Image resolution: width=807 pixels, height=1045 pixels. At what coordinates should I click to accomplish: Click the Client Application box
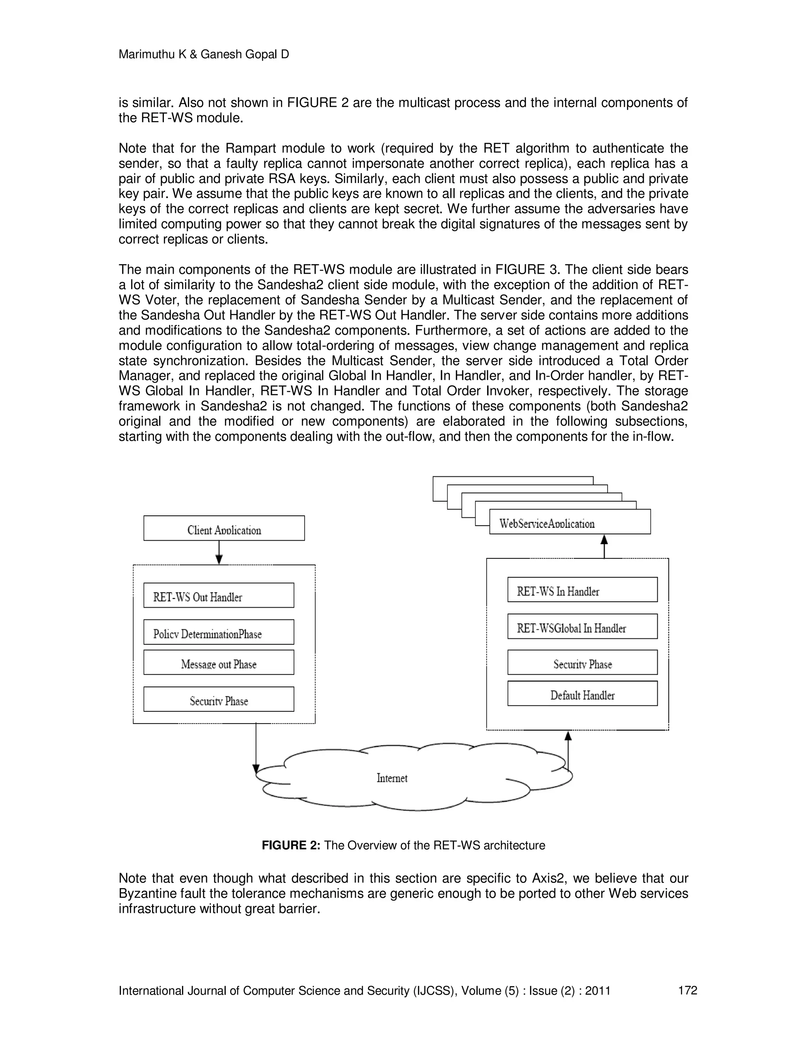tap(224, 528)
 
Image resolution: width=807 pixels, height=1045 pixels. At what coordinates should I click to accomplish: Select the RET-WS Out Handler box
tap(218, 595)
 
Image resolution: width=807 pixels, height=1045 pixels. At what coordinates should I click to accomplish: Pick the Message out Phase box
tap(218, 663)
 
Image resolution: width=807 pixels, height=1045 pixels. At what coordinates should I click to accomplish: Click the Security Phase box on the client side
tap(218, 700)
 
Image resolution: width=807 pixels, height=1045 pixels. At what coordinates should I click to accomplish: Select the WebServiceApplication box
tap(569, 522)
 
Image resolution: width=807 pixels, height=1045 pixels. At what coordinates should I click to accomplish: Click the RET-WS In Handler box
tap(582, 590)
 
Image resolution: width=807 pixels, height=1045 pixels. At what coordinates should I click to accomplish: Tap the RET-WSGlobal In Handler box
tap(582, 626)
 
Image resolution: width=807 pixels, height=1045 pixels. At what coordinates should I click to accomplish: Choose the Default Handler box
tap(582, 693)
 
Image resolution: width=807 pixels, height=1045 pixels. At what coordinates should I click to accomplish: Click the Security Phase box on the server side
tap(582, 663)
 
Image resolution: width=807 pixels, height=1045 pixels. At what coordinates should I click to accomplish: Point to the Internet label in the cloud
tap(392, 778)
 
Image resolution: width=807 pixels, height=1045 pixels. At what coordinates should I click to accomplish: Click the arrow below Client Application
tap(219, 552)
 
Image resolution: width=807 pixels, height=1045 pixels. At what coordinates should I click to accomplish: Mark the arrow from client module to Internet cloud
tap(256, 746)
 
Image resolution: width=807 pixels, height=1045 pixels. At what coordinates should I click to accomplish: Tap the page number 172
tap(688, 990)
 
